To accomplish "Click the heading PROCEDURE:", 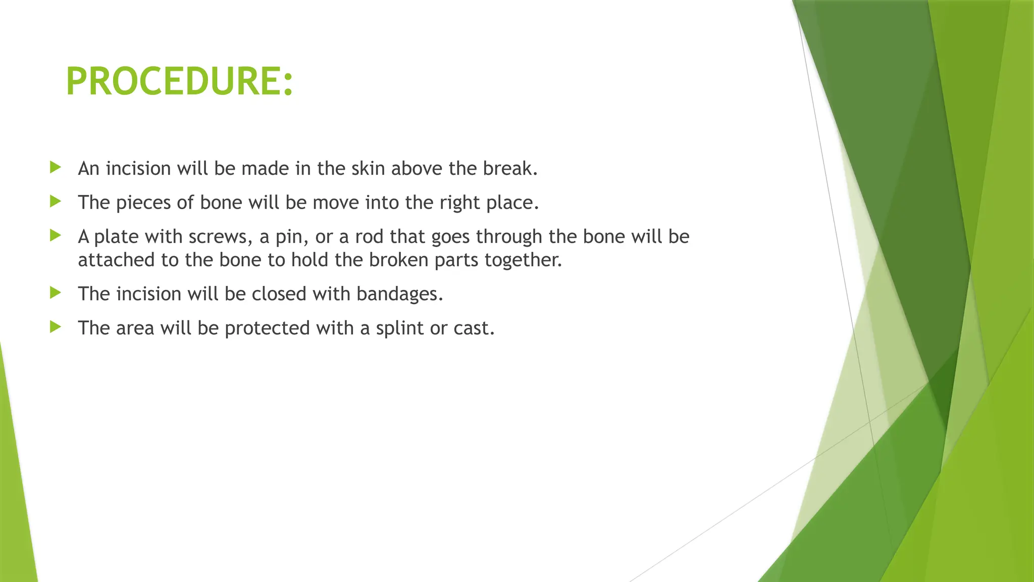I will point(179,81).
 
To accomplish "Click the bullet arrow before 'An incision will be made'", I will point(56,167).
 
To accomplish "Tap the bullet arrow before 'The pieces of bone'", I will point(56,202).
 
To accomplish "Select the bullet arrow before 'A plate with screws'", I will point(56,235).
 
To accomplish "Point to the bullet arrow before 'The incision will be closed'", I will point(56,293).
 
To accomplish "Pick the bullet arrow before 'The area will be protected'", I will point(56,327).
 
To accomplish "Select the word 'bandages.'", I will point(399,294).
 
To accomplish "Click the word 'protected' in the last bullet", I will point(267,328).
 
